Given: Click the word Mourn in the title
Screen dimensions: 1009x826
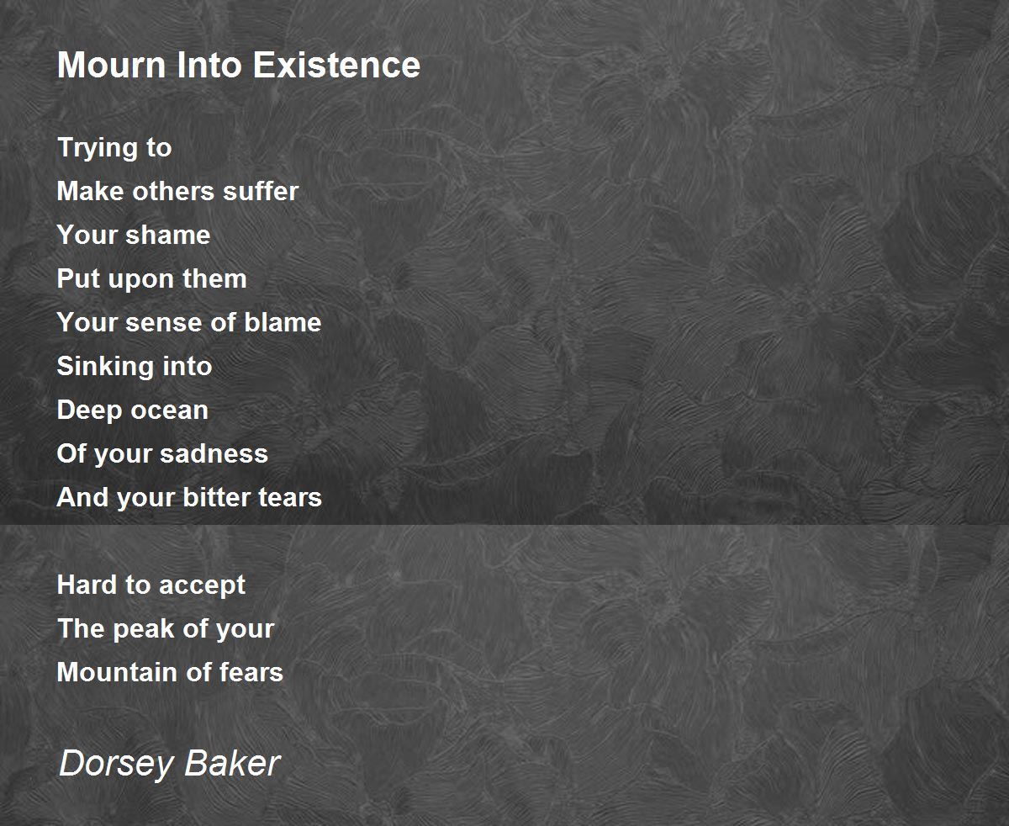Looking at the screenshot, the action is click(112, 65).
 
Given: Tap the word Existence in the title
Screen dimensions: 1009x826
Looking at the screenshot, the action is click(336, 65).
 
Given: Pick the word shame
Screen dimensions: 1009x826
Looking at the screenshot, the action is click(168, 235).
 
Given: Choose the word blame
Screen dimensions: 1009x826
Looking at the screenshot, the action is click(283, 322).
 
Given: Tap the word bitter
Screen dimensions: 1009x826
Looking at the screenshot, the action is click(217, 498).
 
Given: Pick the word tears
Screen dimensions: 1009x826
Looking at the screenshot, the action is click(290, 499).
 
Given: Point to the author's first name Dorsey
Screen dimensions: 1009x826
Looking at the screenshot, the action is click(116, 764).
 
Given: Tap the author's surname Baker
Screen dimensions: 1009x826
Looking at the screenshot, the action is click(233, 763).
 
